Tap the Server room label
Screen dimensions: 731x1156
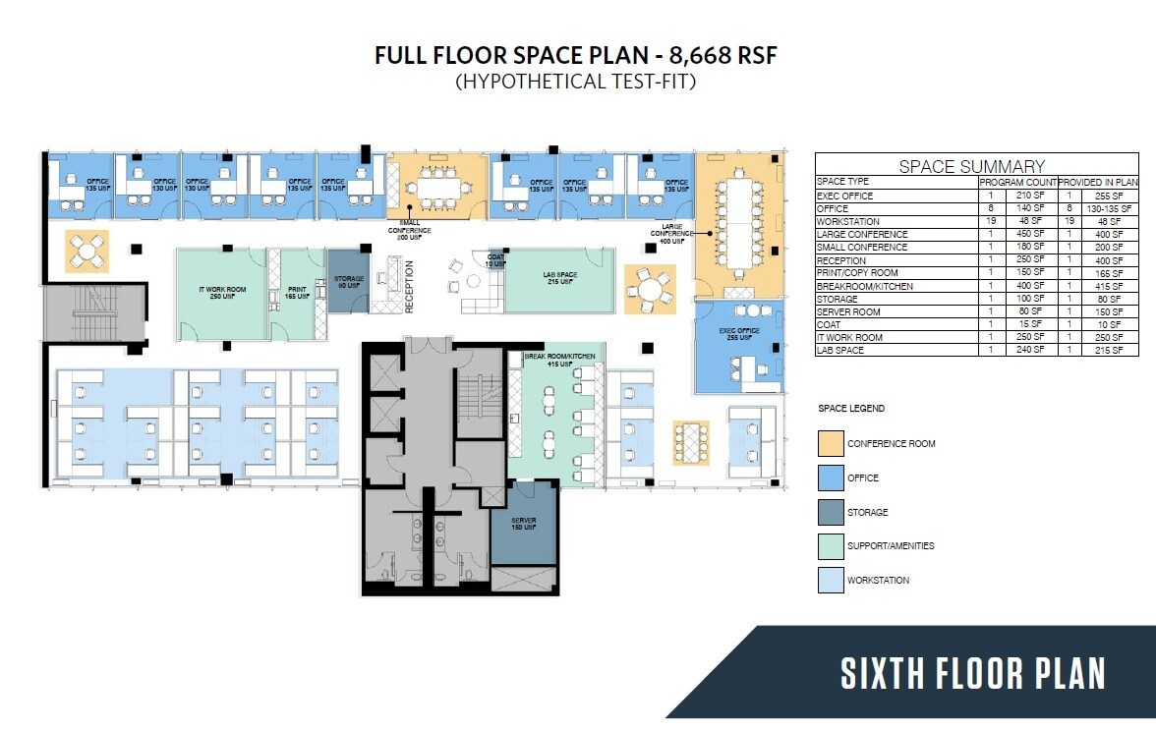pos(523,524)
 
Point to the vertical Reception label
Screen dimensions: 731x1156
pos(409,285)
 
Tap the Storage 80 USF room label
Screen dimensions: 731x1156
pos(348,282)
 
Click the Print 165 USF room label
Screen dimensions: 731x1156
pos(297,292)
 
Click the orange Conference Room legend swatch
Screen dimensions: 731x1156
pos(831,443)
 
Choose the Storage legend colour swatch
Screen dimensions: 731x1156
pos(831,512)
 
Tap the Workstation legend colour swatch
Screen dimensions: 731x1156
pos(831,580)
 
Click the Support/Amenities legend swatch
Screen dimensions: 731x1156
pos(831,545)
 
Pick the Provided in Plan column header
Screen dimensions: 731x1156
pos(1098,183)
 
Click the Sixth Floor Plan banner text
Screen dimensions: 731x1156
pos(972,674)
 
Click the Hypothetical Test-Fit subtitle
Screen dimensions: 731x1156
pos(575,82)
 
